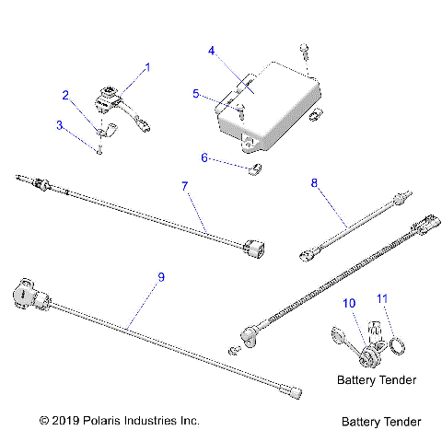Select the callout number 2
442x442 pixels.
(x=65, y=94)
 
